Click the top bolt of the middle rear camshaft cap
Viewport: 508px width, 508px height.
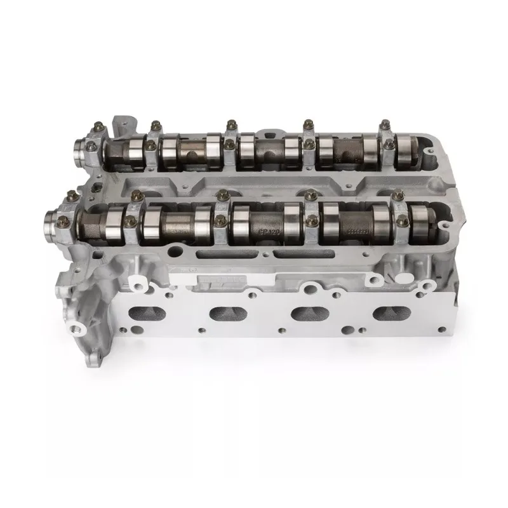232,122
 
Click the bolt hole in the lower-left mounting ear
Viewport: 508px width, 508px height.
79,328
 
